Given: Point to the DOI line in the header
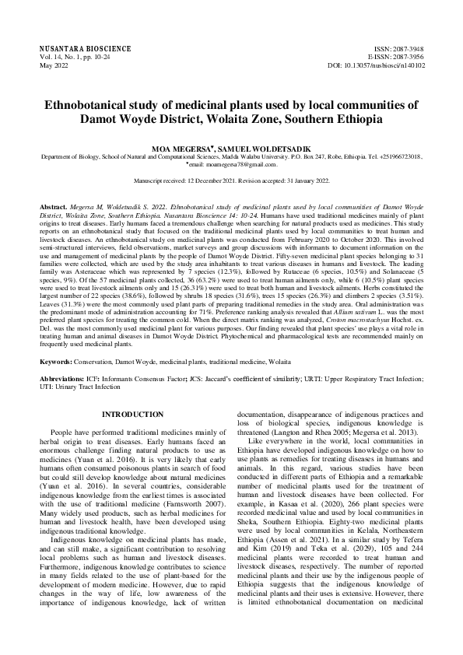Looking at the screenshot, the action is (377, 65).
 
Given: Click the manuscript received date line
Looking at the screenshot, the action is (232, 180).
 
